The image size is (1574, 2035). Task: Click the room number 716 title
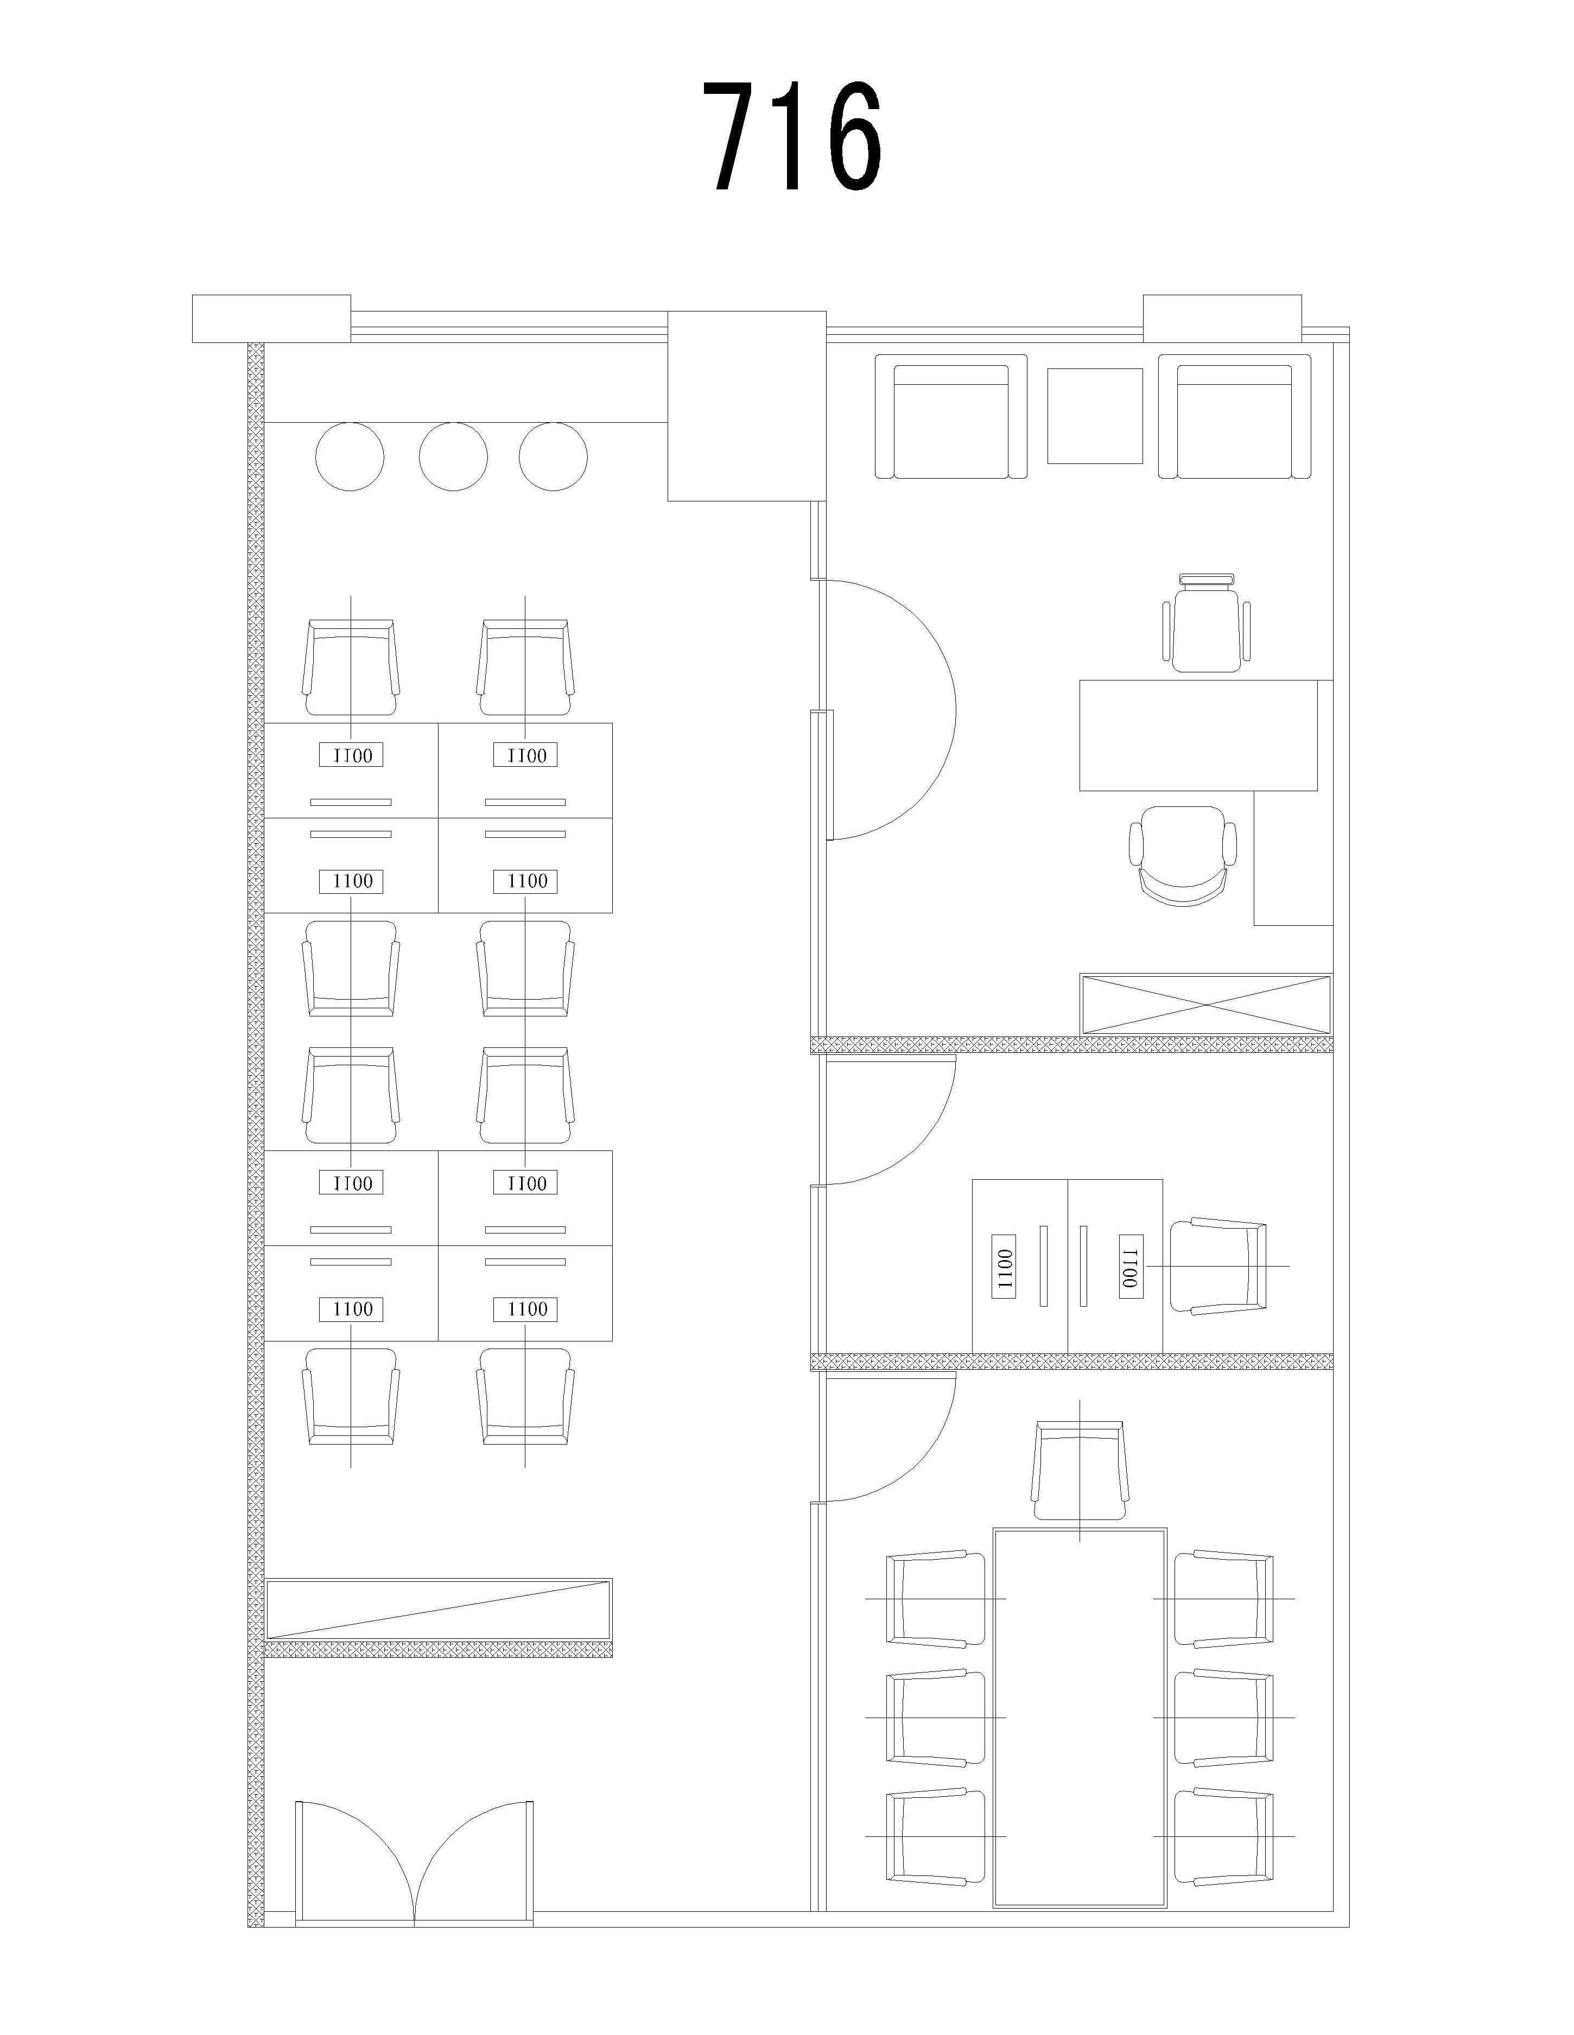click(x=791, y=136)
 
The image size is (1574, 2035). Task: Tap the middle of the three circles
click(x=453, y=456)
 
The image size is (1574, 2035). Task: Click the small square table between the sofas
click(x=1095, y=416)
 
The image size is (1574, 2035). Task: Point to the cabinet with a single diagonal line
click(x=439, y=1609)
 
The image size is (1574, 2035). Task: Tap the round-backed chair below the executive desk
click(x=1184, y=855)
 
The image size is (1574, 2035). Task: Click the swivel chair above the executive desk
click(x=1207, y=622)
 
